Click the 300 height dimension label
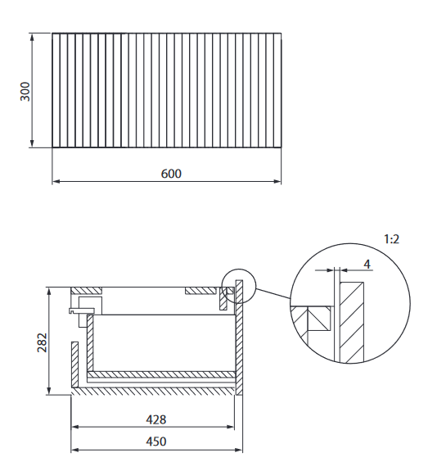point(25,91)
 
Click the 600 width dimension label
point(170,174)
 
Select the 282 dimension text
point(43,342)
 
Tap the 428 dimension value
point(155,419)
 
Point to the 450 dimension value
point(155,442)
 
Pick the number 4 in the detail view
point(367,264)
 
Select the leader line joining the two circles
point(274,294)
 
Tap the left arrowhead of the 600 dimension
point(56,181)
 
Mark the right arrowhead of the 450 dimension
point(240,450)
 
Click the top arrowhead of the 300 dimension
point(33,37)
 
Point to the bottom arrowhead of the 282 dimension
point(50,391)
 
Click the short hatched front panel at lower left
point(76,365)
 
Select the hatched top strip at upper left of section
point(87,290)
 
